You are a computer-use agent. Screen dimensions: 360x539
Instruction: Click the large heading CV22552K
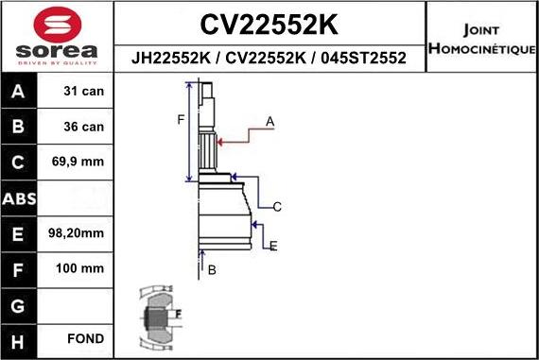(x=269, y=23)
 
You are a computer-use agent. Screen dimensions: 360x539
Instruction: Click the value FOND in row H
(x=85, y=338)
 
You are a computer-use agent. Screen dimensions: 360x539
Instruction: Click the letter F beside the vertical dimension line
(x=180, y=119)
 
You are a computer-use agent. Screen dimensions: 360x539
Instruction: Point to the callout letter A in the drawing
(x=269, y=122)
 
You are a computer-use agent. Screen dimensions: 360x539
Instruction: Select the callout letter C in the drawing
(x=277, y=207)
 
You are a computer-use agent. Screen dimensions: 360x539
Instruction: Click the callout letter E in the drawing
(x=273, y=247)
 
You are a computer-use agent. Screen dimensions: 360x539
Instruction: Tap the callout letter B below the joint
(x=212, y=270)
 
